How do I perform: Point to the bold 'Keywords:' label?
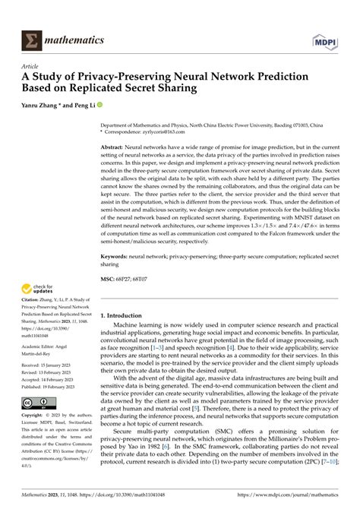tap(118, 258)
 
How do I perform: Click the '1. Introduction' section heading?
tap(124, 314)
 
